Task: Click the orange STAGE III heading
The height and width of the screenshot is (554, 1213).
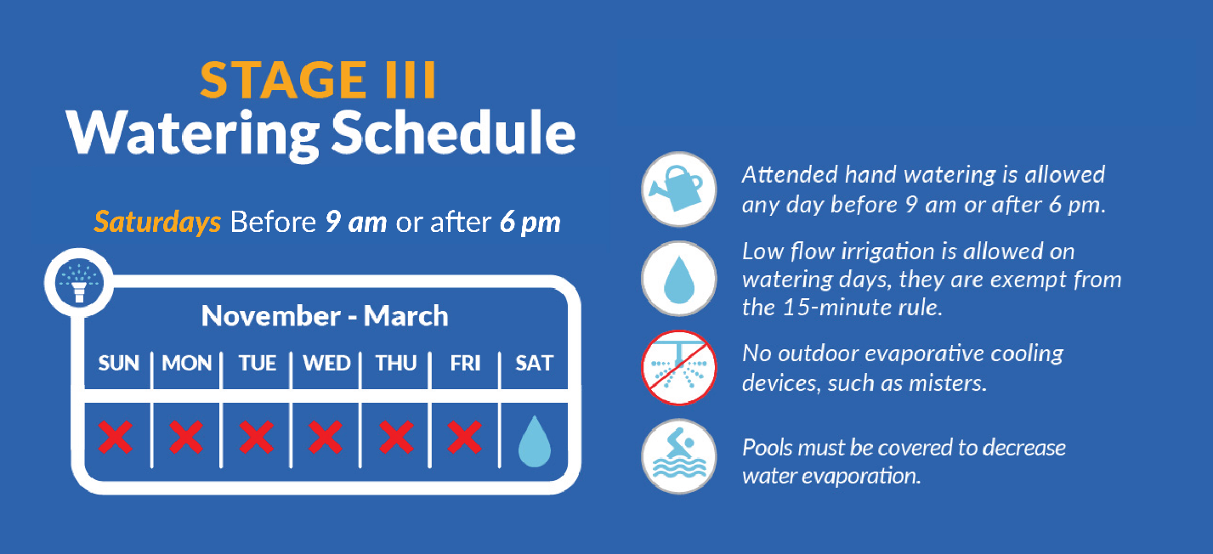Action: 318,80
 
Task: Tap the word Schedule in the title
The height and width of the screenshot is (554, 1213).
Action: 453,133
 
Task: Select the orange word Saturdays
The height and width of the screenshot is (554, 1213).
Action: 157,222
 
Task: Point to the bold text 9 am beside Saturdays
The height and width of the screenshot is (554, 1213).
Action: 356,222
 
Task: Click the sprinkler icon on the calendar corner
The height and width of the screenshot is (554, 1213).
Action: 79,283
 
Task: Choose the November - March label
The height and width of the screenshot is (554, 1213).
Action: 325,316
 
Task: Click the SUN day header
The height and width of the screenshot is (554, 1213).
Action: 119,363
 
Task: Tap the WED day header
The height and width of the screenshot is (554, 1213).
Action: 326,363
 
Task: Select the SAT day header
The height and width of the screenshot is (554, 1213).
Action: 534,363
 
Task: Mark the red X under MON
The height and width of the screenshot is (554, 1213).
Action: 186,437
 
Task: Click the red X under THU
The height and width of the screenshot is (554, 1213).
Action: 396,437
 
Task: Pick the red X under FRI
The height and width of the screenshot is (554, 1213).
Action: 465,437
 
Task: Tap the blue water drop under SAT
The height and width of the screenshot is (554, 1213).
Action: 535,442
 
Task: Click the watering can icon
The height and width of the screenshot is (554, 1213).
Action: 678,189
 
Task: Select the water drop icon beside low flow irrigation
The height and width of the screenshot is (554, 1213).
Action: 678,279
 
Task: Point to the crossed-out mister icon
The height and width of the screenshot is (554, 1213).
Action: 678,368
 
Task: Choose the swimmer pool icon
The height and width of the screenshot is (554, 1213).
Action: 678,456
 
